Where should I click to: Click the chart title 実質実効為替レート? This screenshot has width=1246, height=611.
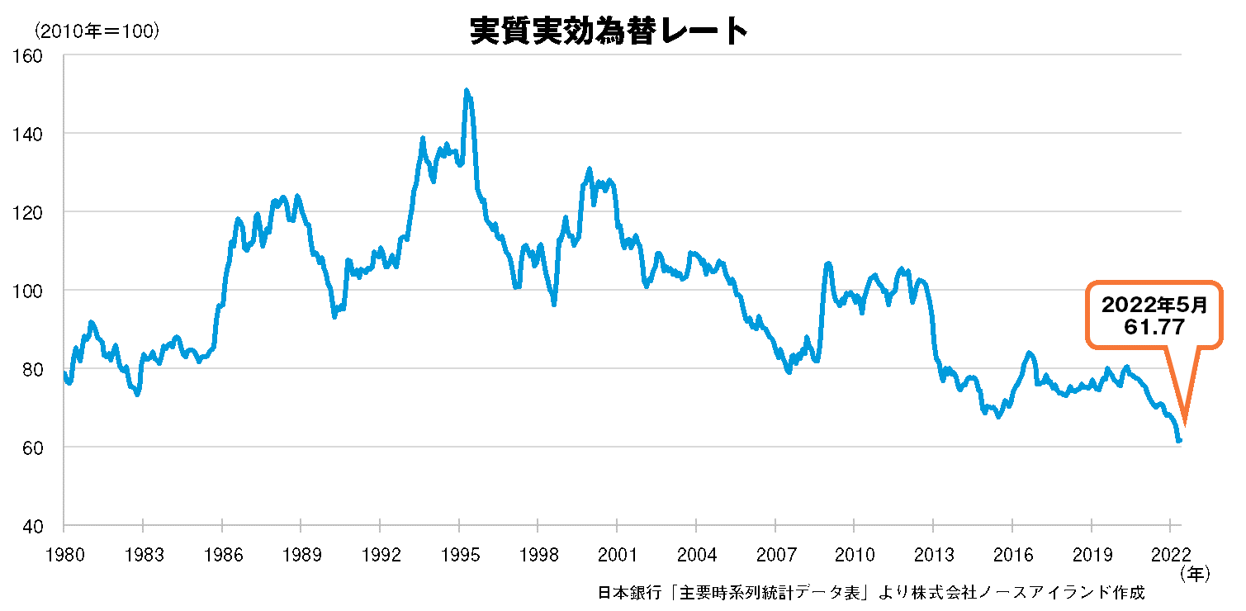coord(609,31)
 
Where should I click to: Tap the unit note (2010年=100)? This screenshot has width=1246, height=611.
coord(96,31)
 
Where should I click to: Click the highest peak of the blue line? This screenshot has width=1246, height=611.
coord(467,91)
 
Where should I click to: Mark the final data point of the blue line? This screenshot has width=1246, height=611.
coord(1180,440)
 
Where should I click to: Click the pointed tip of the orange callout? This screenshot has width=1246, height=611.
coord(1186,422)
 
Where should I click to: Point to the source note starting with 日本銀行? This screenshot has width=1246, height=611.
coord(871,592)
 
